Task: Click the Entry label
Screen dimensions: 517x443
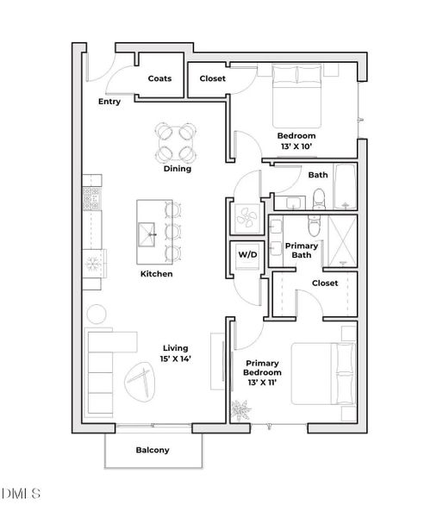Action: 109,102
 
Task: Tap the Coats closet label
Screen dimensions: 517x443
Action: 159,78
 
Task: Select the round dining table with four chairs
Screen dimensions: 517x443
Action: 176,143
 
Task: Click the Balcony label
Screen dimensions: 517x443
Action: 153,450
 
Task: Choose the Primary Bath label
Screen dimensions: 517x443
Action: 302,250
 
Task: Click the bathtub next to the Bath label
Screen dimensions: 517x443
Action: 345,187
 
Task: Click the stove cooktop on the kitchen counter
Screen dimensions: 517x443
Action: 92,198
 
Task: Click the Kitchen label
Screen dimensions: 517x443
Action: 157,274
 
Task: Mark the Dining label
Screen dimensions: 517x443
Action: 178,169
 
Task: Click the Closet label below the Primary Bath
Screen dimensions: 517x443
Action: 325,283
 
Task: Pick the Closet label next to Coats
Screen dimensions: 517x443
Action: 212,78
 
